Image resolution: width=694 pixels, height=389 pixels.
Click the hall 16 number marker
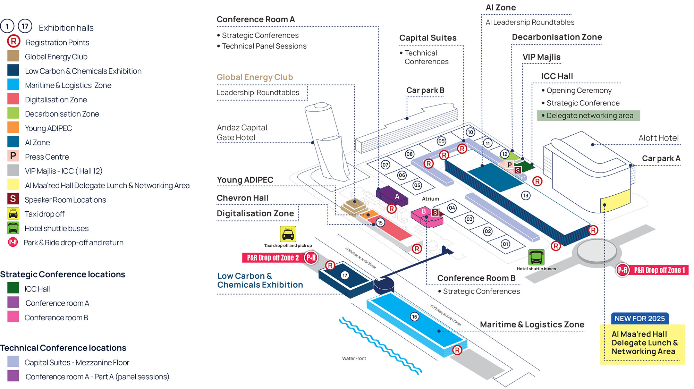[414, 316]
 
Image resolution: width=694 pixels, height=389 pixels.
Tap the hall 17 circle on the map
[345, 276]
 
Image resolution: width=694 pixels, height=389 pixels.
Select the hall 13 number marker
[526, 196]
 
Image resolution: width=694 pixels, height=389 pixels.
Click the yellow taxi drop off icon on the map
[288, 234]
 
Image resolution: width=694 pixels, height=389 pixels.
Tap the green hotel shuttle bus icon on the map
[536, 257]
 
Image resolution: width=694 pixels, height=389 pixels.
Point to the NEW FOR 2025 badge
[640, 319]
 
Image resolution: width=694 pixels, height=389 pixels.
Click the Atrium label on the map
[430, 199]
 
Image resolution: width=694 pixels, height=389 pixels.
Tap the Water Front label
[354, 358]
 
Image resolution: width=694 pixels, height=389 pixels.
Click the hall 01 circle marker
[506, 244]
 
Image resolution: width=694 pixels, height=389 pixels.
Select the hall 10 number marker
[470, 132]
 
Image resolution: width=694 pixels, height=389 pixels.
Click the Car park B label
[425, 90]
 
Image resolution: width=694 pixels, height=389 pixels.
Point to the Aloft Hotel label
[658, 138]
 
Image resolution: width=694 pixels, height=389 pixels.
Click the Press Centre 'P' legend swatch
[13, 156]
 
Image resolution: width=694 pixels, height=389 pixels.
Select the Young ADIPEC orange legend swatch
[13, 128]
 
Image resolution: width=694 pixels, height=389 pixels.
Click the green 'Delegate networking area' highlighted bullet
[589, 116]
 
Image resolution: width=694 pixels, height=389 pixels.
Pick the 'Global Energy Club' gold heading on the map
[255, 77]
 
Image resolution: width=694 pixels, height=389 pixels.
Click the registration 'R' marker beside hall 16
[457, 350]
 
